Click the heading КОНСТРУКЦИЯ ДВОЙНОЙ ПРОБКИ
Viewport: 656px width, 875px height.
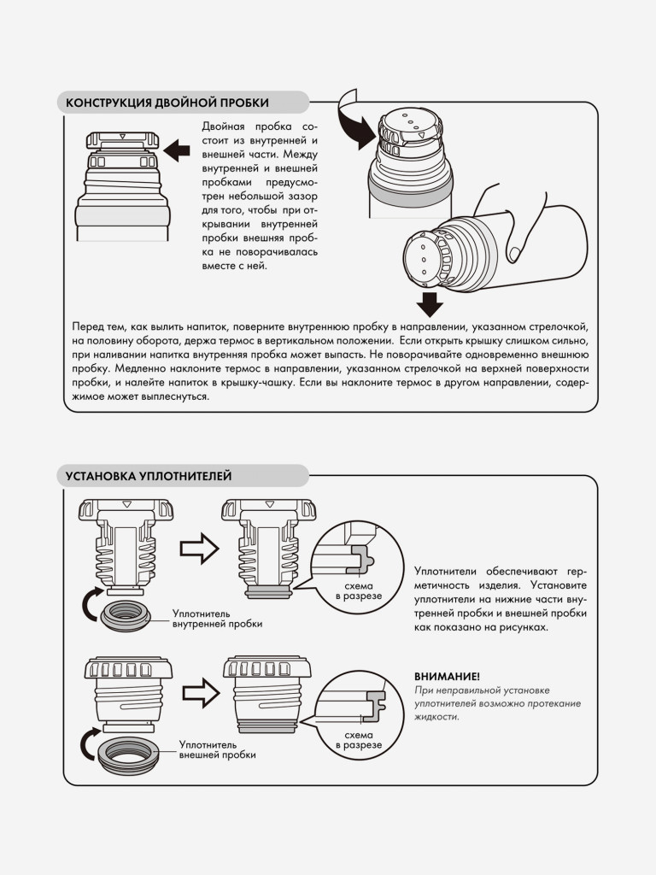[167, 103]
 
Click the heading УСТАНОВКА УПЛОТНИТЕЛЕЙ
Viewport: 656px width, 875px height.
[149, 476]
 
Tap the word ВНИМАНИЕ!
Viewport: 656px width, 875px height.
[447, 677]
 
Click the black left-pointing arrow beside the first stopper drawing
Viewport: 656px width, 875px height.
[177, 150]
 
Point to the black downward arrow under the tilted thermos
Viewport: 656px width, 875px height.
[430, 304]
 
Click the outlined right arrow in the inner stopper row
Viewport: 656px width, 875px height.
[199, 549]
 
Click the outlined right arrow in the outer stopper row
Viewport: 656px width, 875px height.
[202, 693]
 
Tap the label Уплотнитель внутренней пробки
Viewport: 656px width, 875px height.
[217, 619]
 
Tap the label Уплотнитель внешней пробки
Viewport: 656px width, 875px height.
[217, 749]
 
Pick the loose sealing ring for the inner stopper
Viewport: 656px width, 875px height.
[126, 614]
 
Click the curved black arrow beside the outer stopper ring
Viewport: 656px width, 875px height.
[88, 744]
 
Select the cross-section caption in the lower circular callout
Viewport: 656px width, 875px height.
[359, 740]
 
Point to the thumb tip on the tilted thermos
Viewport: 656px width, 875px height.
[515, 254]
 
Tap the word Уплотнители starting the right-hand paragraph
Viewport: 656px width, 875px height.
[445, 572]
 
